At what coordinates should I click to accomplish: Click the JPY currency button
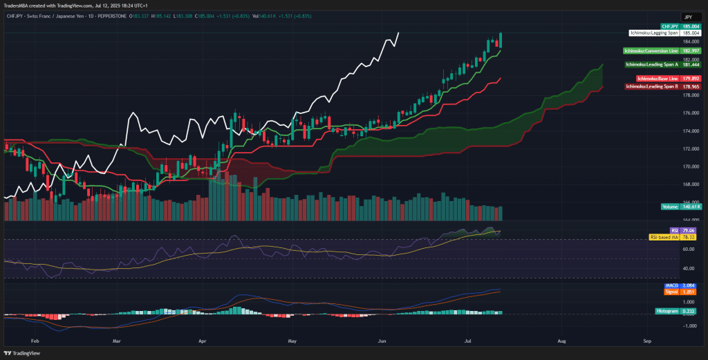(x=689, y=16)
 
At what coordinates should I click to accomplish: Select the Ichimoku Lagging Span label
(x=653, y=32)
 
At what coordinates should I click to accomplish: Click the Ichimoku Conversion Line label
(x=651, y=50)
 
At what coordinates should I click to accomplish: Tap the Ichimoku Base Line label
(x=657, y=78)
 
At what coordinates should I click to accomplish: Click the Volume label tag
(x=670, y=207)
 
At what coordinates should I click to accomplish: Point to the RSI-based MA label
(x=664, y=237)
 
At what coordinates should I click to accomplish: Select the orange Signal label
(x=671, y=292)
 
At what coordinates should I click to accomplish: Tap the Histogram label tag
(x=667, y=312)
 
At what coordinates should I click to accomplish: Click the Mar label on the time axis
(x=116, y=341)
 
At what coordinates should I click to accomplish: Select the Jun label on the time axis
(x=382, y=341)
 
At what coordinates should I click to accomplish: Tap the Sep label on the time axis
(x=647, y=341)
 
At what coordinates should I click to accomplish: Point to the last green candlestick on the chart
(x=500, y=41)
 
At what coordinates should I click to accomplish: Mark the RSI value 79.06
(x=688, y=231)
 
